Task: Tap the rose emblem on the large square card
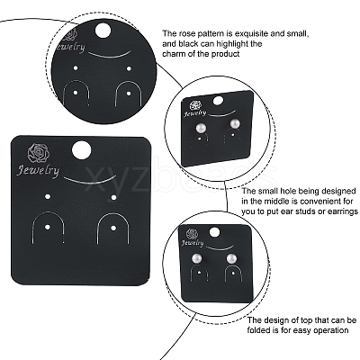39,153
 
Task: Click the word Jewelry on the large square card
38,171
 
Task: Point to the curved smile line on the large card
90,181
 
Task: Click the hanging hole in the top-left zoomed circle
103,32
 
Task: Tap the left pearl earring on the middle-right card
200,129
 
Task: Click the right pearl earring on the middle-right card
235,124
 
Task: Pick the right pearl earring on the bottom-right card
231,258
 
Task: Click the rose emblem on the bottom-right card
192,234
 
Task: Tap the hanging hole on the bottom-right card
214,233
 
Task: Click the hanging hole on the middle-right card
219,101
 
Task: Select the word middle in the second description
279,201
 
